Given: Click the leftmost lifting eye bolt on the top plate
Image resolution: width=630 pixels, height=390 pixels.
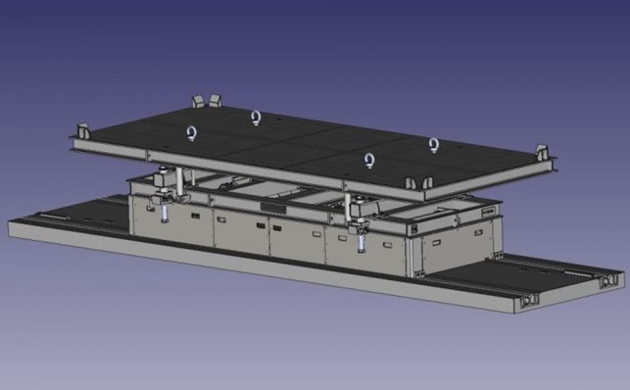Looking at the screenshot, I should click(192, 132).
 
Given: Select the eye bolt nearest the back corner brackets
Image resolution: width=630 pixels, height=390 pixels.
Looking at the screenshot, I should click(256, 118).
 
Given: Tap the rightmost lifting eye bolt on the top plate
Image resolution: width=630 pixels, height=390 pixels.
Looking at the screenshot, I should click(433, 145).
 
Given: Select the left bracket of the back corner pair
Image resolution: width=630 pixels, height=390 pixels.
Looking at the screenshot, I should click(199, 101).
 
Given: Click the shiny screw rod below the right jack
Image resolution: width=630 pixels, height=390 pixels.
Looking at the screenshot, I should click(361, 237).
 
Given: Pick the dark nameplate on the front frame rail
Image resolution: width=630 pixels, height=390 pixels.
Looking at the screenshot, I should click(273, 207).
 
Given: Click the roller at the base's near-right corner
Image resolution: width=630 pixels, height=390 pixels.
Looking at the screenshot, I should click(530, 298).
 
